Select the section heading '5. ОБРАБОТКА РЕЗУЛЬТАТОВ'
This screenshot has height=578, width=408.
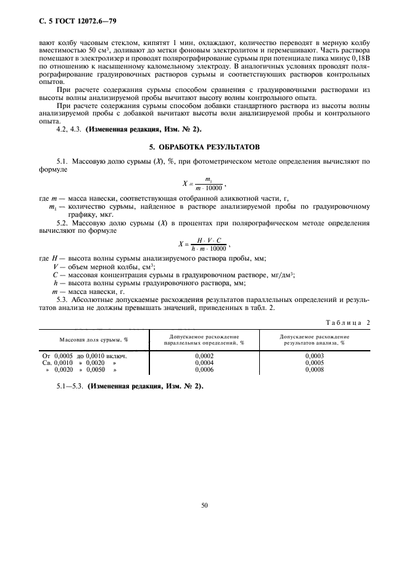(204, 147)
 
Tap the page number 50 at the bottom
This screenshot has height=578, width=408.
(204, 505)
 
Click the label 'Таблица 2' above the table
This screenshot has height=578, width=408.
(347, 322)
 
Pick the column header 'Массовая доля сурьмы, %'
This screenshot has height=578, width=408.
(94, 340)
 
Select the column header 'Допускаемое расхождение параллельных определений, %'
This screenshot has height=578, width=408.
(204, 340)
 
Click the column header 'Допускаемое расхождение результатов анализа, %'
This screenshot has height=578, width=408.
(314, 340)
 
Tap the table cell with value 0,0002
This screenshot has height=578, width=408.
(204, 356)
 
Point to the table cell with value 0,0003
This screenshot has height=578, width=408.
(314, 356)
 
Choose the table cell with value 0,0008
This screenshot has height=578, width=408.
(314, 369)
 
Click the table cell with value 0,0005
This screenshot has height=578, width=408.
(314, 363)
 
